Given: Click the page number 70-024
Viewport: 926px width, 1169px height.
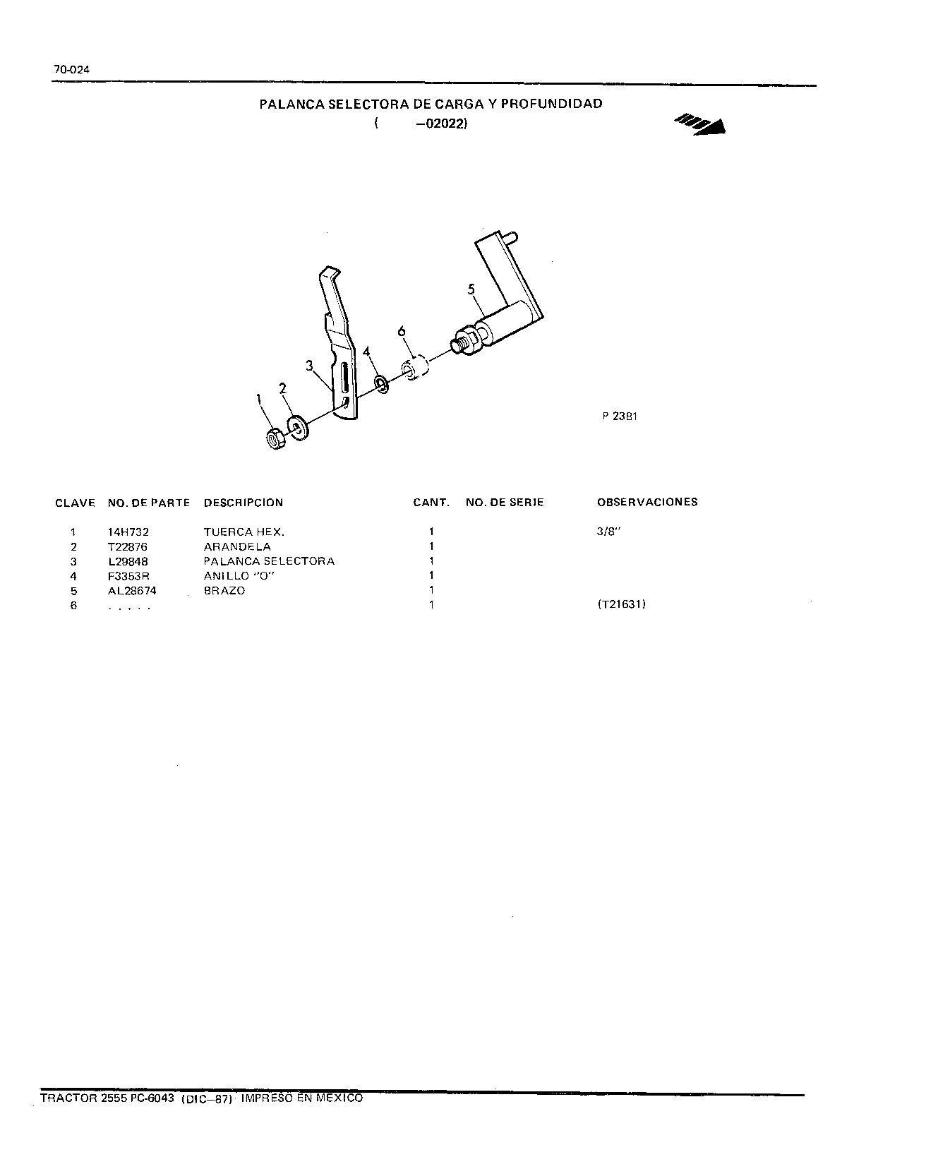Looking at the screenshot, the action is coord(71,70).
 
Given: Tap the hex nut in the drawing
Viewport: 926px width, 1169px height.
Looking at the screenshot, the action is coord(275,440).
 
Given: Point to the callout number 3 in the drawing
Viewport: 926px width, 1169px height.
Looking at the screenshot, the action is coord(309,365).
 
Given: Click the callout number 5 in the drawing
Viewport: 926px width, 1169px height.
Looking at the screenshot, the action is coord(471,289).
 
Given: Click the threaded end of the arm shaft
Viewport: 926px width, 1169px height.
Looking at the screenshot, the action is coord(459,344).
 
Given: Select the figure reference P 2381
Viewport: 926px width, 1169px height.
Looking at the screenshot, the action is coord(620,416).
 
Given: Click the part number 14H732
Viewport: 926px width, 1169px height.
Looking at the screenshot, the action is coord(128,532).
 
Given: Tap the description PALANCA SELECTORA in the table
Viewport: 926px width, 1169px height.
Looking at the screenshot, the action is coord(269,561).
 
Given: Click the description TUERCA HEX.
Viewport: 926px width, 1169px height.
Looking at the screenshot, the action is coord(244,532).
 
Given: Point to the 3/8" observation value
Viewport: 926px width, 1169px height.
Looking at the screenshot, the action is coord(607,532).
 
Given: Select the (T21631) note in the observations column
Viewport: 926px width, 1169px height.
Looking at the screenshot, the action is coord(621,604).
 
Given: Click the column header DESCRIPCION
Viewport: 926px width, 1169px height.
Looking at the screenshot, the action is coord(243,503).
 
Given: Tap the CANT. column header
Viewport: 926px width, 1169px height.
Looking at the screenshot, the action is coord(431,503).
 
